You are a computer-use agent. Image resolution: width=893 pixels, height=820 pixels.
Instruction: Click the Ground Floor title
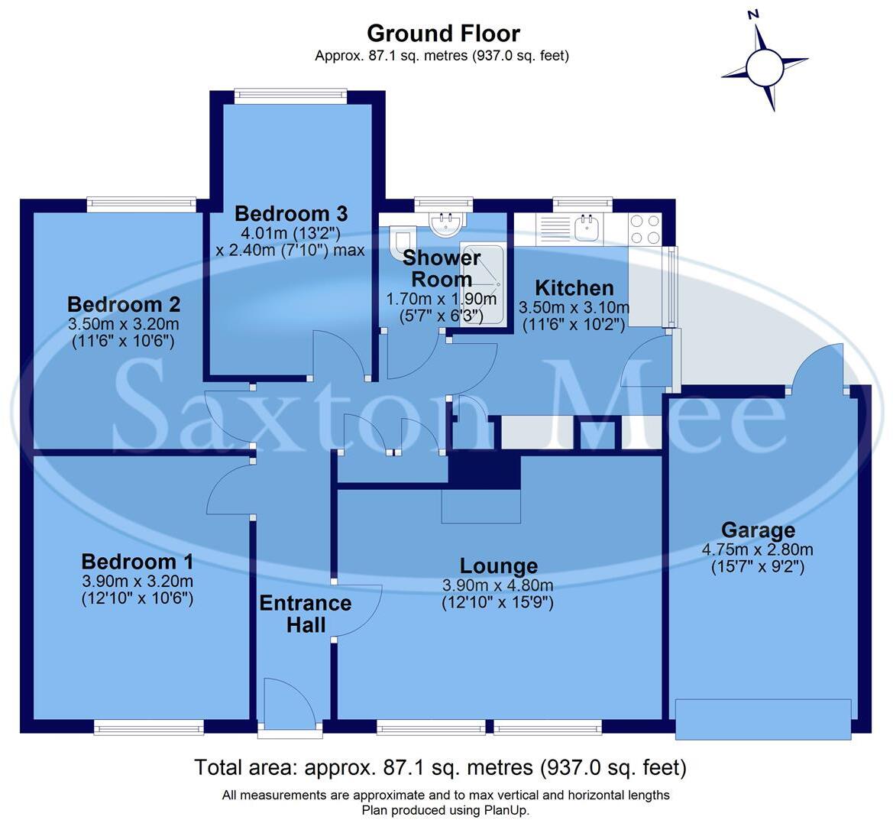click(443, 34)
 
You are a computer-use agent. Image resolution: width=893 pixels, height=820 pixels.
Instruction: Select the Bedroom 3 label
click(291, 213)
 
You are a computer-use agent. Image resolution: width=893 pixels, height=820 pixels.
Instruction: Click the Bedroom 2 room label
click(124, 304)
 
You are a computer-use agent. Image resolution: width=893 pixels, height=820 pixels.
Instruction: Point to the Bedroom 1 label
click(138, 562)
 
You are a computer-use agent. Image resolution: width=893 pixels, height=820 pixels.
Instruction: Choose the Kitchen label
click(574, 288)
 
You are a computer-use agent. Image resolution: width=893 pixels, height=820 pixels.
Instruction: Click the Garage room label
click(758, 530)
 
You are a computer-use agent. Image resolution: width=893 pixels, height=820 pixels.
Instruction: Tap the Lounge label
click(498, 566)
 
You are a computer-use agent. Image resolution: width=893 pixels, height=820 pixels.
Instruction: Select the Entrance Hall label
click(306, 614)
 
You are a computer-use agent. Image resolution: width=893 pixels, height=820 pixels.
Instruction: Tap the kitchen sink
click(587, 227)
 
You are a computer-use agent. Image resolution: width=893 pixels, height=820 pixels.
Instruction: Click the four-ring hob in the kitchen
click(644, 228)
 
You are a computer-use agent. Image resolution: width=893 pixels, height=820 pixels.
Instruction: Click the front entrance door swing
click(288, 703)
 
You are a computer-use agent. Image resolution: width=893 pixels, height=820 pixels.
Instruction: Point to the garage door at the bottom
click(763, 719)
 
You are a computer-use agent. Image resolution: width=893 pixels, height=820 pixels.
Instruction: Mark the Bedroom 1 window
click(149, 728)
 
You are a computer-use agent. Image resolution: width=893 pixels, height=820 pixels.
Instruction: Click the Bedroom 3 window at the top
click(290, 96)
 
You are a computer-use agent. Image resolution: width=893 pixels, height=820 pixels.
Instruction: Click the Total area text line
click(440, 767)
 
